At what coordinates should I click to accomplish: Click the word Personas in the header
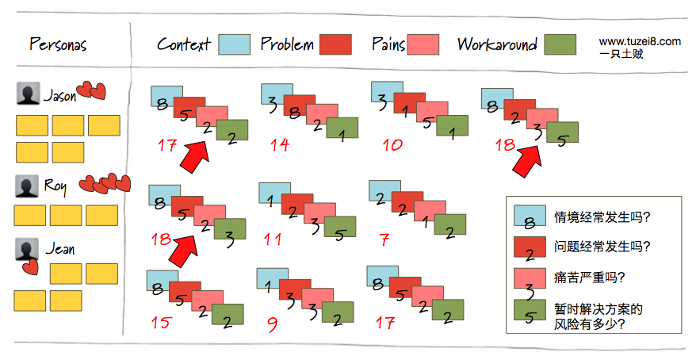click(x=58, y=44)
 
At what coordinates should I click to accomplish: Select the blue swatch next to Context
click(x=235, y=44)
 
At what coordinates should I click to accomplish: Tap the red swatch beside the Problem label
click(x=335, y=44)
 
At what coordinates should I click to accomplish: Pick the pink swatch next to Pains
click(x=423, y=44)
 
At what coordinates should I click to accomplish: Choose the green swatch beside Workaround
click(x=560, y=44)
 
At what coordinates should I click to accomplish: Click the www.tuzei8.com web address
click(x=640, y=42)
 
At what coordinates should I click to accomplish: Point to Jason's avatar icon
click(x=28, y=94)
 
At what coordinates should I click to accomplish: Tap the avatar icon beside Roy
click(x=27, y=186)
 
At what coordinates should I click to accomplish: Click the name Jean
click(x=60, y=248)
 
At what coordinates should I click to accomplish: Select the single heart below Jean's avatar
click(x=30, y=266)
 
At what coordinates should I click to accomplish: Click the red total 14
click(x=280, y=144)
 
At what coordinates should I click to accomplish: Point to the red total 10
click(x=392, y=144)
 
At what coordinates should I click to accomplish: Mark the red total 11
click(x=273, y=239)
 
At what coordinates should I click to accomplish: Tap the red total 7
click(x=384, y=240)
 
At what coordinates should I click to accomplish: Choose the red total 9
click(x=273, y=324)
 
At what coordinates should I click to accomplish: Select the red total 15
click(x=160, y=322)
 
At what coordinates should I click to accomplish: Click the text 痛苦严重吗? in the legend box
click(x=589, y=278)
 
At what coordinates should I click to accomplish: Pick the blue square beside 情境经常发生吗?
click(x=530, y=216)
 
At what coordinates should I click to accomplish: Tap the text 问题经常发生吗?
click(x=602, y=247)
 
